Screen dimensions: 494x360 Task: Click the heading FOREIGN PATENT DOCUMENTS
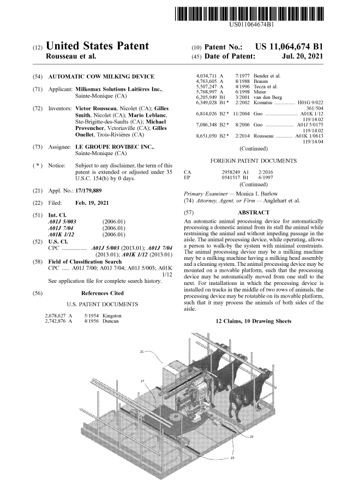(x=255, y=160)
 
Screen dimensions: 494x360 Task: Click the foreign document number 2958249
(x=227, y=171)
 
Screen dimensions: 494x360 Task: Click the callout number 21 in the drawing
(x=143, y=352)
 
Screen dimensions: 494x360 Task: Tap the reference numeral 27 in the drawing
(x=142, y=380)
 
